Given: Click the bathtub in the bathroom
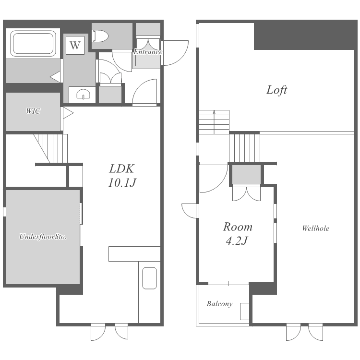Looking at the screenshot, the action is tap(33, 44).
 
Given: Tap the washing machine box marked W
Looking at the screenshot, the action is tap(75, 45).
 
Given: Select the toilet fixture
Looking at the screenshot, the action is tap(100, 36).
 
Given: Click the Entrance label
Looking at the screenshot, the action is tap(148, 52).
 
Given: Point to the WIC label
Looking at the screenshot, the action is tap(33, 111).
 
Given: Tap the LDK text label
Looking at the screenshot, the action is tap(122, 169).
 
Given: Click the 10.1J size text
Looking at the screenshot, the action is tap(122, 183).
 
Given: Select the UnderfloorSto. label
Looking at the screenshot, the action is tap(43, 237).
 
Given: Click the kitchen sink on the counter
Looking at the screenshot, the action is tap(149, 278).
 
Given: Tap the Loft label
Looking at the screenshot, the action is tap(276, 90).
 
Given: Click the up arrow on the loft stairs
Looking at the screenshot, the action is tap(214, 122).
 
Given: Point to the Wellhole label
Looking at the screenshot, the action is tap(316, 228).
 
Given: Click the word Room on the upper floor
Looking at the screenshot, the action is tap(238, 227).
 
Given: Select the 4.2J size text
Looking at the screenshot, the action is tap(237, 241).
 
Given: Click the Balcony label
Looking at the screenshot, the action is tap(219, 304).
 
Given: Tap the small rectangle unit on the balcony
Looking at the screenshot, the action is tap(244, 312).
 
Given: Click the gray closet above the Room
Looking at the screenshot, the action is tap(246, 174).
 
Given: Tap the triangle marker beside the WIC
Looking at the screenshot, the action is tap(68, 113).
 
